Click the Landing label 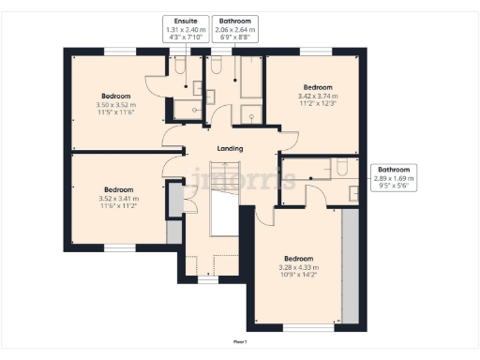tap(230, 148)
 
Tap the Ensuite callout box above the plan tap(186, 29)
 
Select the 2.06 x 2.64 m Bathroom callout tap(233, 29)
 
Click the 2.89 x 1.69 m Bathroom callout tap(394, 177)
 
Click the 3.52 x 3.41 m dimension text tap(118, 198)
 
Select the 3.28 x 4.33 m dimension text tap(299, 268)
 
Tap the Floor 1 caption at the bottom tap(240, 342)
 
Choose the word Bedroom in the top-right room tap(315, 87)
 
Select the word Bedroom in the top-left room tap(115, 96)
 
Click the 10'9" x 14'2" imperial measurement tap(299, 276)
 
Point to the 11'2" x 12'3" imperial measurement tap(315, 102)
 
